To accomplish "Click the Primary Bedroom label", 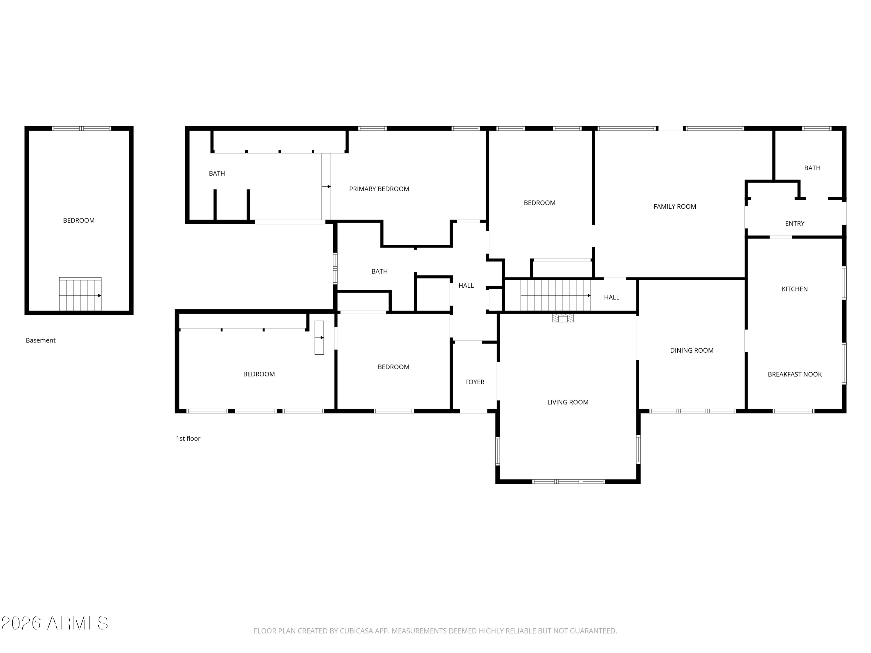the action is point(379,189).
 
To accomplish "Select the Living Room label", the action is point(568,402).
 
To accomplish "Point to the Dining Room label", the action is point(692,350).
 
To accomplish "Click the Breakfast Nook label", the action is point(795,374).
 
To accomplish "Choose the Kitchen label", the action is point(795,289).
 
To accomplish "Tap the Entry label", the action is point(795,223).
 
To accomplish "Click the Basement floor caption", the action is point(41,340).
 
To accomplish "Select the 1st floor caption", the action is point(188,439).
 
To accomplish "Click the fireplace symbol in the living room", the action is point(563,318).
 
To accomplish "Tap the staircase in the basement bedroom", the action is point(80,294).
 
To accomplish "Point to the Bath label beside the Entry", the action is point(812,168).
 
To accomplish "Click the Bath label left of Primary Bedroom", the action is point(217,173).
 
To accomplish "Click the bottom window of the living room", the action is point(568,481).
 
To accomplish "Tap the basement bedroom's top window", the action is point(82,128).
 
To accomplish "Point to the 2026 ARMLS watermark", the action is point(55,623).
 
